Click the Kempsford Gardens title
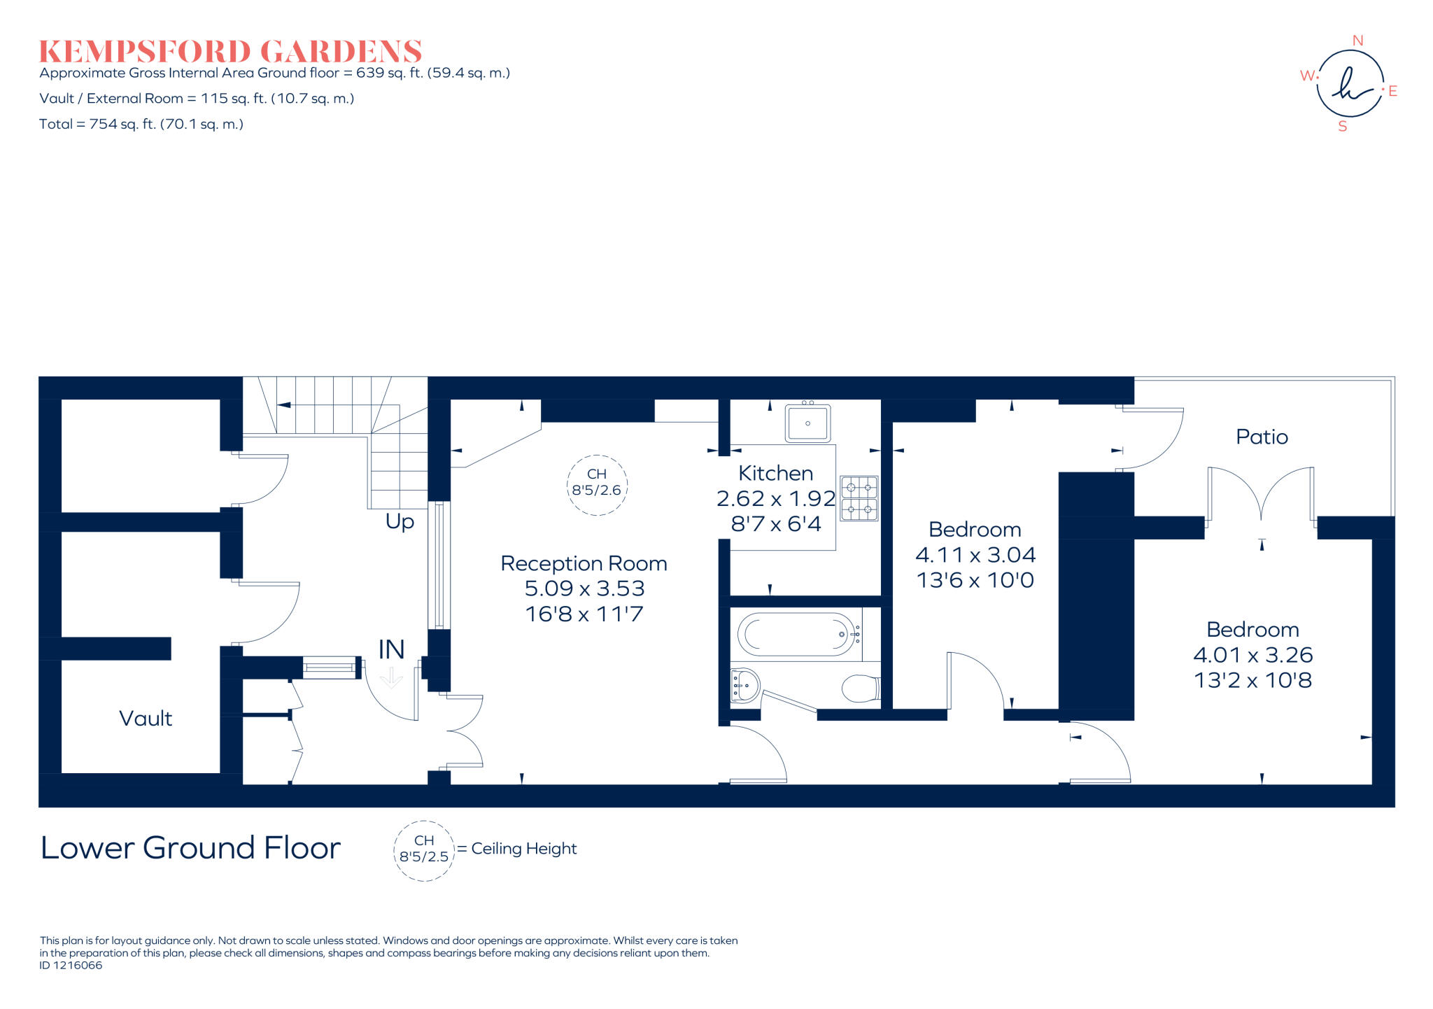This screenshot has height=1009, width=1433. tap(230, 52)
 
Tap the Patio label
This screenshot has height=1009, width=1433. tap(1262, 437)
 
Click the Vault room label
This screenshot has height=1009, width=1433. tap(146, 718)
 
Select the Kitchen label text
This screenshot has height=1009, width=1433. tap(775, 473)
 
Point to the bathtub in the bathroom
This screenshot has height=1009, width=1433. tap(796, 635)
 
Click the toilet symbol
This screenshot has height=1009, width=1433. tap(861, 689)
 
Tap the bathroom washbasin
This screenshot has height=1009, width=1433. tap(744, 685)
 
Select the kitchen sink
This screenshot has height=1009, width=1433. tap(807, 423)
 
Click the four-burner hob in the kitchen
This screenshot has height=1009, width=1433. tap(859, 499)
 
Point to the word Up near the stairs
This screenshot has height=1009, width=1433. tap(400, 521)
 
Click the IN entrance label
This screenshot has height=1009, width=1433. tap(391, 650)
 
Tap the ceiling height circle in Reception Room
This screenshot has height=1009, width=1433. tap(596, 485)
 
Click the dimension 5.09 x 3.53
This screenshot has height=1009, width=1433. tap(584, 588)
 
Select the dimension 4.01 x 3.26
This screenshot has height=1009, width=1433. tap(1252, 655)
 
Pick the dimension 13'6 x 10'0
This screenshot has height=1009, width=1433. tap(975, 580)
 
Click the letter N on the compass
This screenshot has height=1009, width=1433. tap(1357, 41)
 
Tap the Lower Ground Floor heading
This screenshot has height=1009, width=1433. tap(190, 848)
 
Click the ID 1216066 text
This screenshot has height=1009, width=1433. tap(71, 966)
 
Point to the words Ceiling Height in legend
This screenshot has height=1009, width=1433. tap(523, 849)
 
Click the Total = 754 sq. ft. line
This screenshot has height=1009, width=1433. tap(141, 125)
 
